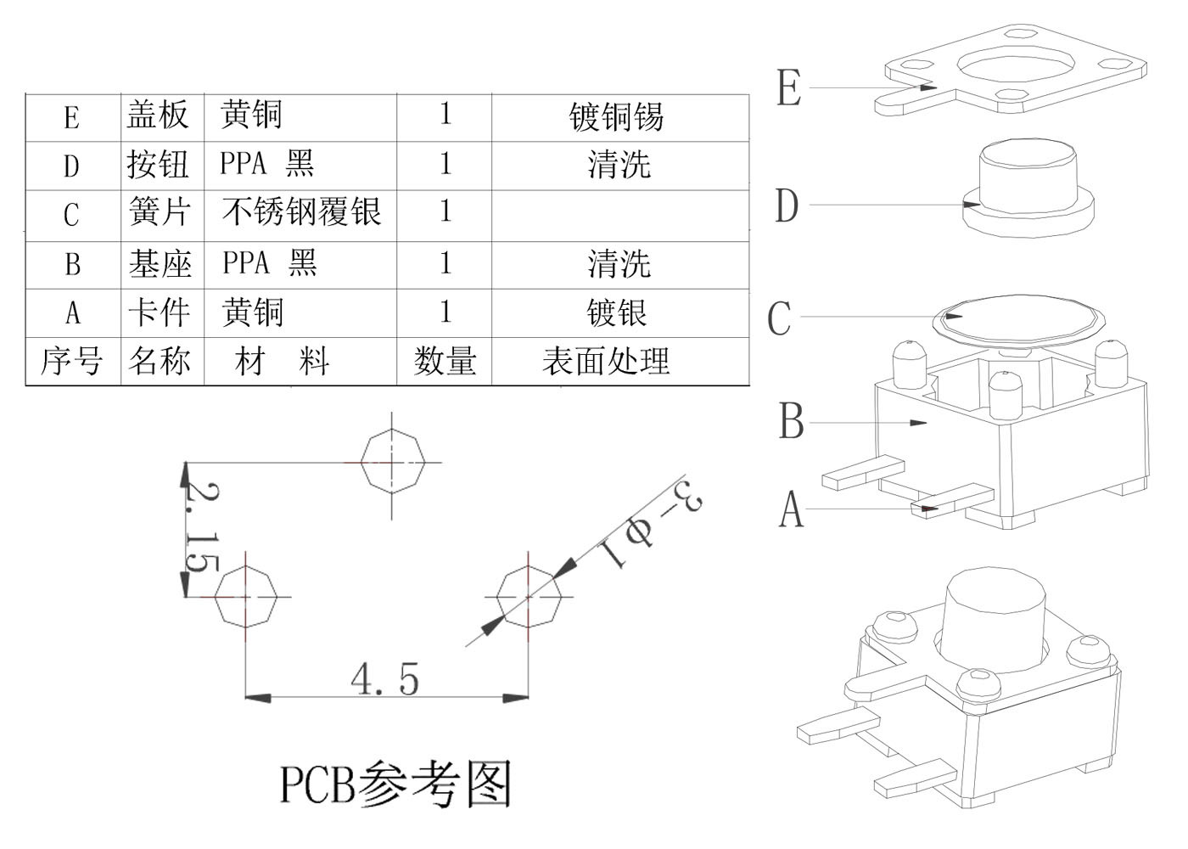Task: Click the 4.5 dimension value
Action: click(x=384, y=679)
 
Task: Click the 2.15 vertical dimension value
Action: click(x=202, y=527)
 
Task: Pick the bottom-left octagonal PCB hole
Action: click(x=246, y=597)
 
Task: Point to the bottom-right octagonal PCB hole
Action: click(x=528, y=597)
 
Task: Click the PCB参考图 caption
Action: click(x=395, y=784)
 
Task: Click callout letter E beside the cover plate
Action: click(x=788, y=87)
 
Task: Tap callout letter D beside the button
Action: click(x=787, y=205)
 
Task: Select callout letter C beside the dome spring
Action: click(x=779, y=318)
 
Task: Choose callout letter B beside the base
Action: click(x=791, y=420)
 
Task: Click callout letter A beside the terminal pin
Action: click(x=790, y=509)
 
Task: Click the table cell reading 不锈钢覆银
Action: click(x=301, y=212)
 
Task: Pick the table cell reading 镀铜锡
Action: click(x=617, y=116)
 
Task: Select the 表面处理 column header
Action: click(x=606, y=362)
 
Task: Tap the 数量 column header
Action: click(x=445, y=362)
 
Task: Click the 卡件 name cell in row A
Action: click(x=159, y=313)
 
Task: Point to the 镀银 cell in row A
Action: click(x=617, y=313)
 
